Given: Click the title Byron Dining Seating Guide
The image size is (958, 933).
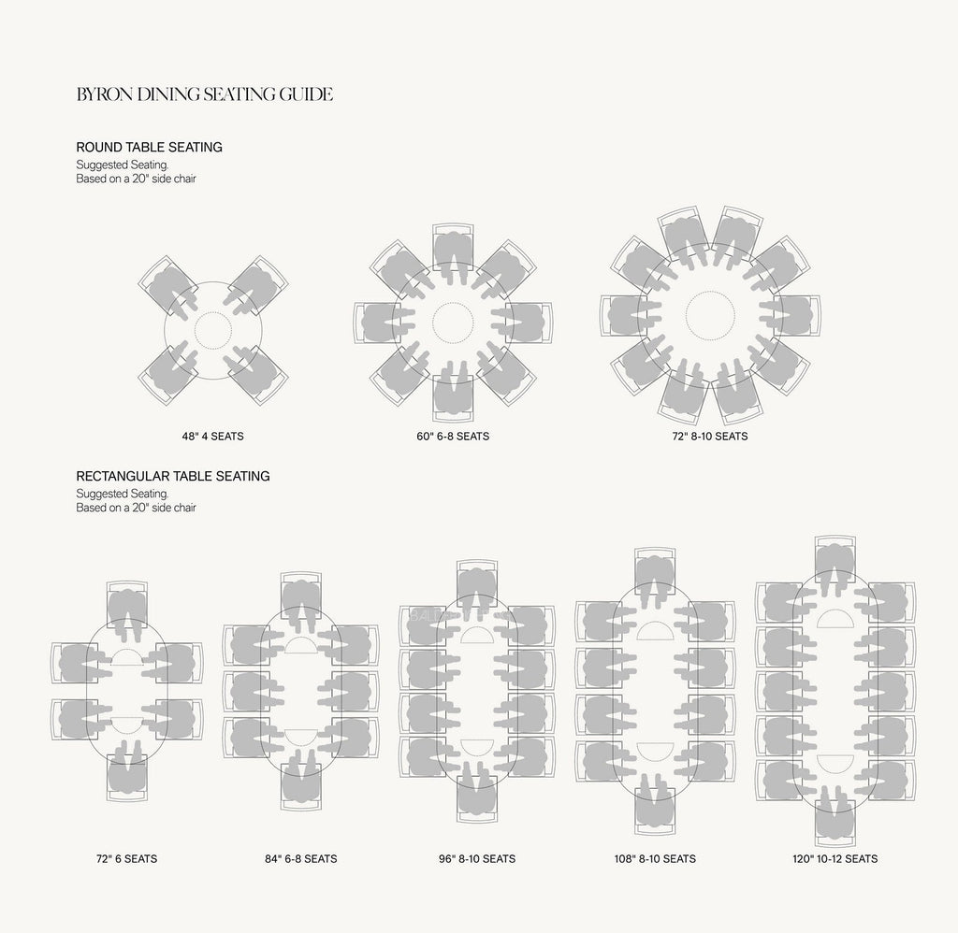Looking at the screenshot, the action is pyautogui.click(x=205, y=94).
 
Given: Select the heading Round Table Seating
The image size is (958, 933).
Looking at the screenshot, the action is pyautogui.click(x=149, y=147).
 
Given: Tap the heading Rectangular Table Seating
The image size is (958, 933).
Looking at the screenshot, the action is pyautogui.click(x=173, y=476).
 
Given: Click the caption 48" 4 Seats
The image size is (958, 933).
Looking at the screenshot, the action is pyautogui.click(x=212, y=437).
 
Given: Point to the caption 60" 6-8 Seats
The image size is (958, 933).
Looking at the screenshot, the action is pyautogui.click(x=453, y=437).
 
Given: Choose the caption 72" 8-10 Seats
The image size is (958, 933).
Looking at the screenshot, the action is pyautogui.click(x=710, y=437).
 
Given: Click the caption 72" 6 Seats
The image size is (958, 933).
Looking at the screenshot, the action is pyautogui.click(x=126, y=859).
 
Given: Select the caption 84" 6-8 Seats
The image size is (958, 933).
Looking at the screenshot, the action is pyautogui.click(x=300, y=859).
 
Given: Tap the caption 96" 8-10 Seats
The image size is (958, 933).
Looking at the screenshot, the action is pyautogui.click(x=476, y=859).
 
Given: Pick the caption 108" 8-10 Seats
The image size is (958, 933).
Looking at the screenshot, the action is pyautogui.click(x=655, y=859).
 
